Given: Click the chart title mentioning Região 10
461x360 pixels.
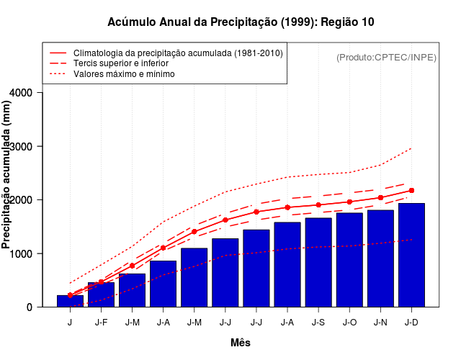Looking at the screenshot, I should coord(241,22).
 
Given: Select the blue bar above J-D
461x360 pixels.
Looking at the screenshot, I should coord(411,255).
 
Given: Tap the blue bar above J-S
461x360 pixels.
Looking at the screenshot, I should coord(318,262).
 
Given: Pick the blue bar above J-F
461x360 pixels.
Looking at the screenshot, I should coord(101,294).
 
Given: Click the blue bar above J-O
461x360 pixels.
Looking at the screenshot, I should coord(349,259).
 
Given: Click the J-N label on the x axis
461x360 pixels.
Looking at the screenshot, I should coord(380,322).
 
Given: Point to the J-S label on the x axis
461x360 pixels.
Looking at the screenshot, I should coord(318,322).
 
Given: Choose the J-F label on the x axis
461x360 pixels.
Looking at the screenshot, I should coord(101,322).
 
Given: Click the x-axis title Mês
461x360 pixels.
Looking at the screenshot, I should coord(241,343).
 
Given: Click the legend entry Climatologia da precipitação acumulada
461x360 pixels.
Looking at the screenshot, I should coord(178,53).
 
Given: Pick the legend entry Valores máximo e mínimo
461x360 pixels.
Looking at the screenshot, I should coord(124,73).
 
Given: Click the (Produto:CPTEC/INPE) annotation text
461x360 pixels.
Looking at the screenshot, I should coord(387,57).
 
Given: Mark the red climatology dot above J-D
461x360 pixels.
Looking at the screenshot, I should coord(411,191).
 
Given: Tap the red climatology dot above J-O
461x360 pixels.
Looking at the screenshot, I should coord(349,202).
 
